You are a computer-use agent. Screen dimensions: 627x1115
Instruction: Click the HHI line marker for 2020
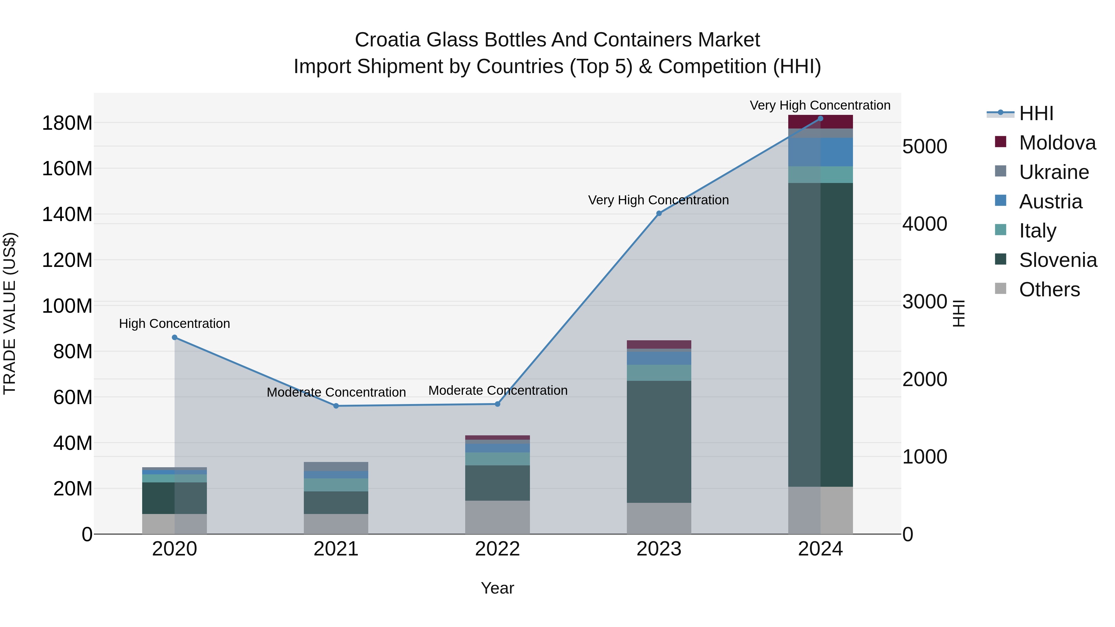(174, 337)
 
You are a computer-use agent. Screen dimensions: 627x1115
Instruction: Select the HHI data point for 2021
(336, 406)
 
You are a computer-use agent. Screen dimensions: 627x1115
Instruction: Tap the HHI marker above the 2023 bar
(659, 213)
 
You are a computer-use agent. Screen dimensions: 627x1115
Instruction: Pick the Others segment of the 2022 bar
(497, 517)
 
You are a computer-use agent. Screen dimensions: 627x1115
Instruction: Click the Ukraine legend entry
(1054, 172)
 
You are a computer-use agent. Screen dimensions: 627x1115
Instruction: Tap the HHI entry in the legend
(1036, 113)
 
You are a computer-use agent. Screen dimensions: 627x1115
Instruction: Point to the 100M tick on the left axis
(67, 306)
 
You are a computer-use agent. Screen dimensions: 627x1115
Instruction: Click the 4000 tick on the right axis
(925, 224)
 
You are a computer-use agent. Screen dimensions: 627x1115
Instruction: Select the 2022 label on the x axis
(497, 549)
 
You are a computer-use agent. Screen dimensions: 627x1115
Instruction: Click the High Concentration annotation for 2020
(174, 324)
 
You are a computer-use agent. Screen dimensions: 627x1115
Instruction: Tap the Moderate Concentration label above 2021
(336, 393)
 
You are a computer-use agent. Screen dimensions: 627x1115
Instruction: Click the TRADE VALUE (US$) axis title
(10, 313)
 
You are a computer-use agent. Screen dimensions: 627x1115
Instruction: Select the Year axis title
(497, 588)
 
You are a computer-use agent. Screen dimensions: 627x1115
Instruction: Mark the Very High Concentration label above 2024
(820, 105)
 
